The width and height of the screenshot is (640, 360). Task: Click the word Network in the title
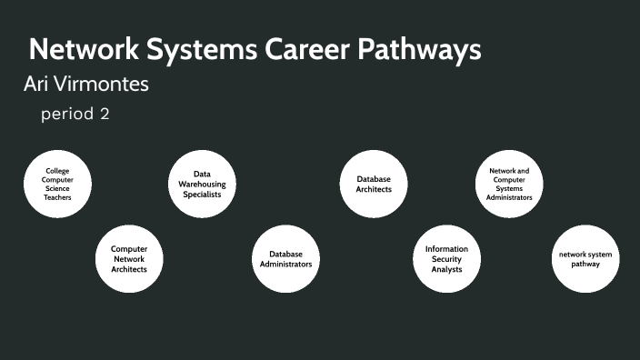pos(82,50)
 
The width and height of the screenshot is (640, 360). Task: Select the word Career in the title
pos(312,50)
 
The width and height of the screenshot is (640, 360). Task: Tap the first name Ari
pos(35,85)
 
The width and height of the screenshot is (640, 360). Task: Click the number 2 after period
pos(105,115)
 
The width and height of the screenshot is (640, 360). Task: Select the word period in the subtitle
pos(66,116)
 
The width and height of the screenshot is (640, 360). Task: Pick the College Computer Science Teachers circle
pos(57,184)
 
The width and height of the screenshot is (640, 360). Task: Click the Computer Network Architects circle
pos(129,258)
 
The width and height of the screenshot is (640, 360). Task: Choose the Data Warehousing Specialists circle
pos(202,184)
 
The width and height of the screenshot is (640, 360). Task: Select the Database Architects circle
pos(373,184)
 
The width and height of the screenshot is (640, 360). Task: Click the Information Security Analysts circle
pos(446,258)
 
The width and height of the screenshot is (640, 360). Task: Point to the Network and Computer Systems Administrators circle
pos(509,184)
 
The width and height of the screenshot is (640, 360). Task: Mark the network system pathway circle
pos(585,258)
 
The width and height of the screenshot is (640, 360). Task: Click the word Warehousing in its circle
pos(202,184)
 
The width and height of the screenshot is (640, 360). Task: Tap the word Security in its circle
pos(446,259)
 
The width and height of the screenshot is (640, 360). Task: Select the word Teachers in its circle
pos(57,197)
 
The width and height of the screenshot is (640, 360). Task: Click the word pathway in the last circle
pos(585,265)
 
